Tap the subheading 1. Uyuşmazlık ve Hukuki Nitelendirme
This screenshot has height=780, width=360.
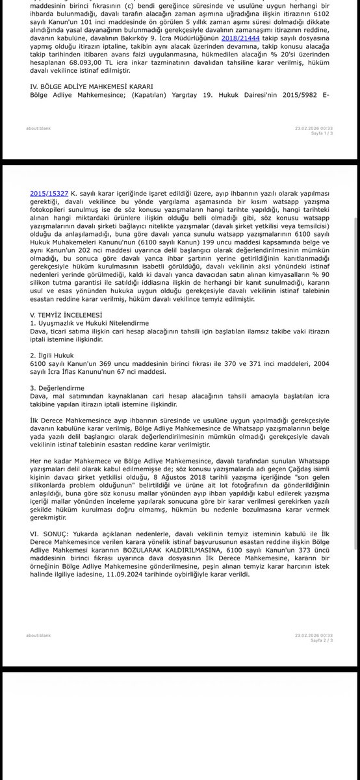[89, 322]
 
